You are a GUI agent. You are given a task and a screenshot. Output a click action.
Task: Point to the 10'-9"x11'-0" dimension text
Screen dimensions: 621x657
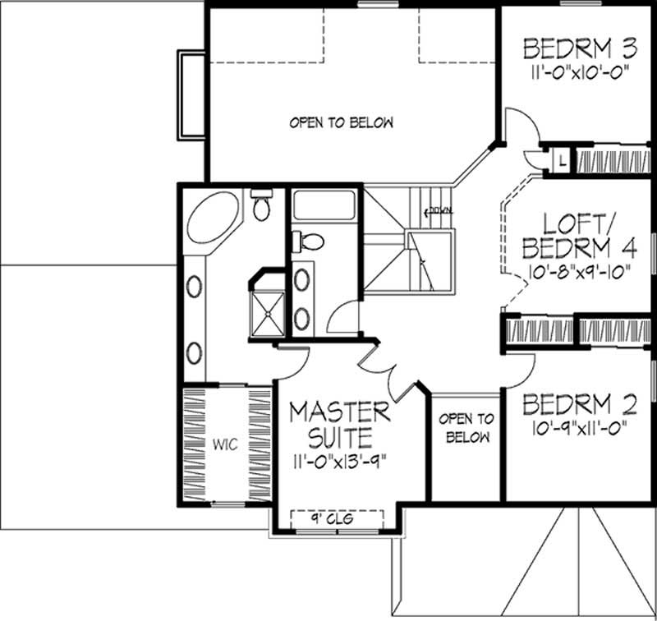pyautogui.click(x=580, y=429)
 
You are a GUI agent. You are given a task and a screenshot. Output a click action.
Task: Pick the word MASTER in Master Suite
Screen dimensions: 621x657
pyautogui.click(x=339, y=410)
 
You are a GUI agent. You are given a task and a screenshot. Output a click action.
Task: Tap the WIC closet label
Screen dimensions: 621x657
pyautogui.click(x=226, y=444)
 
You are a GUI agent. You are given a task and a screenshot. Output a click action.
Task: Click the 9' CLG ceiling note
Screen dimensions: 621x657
pyautogui.click(x=338, y=518)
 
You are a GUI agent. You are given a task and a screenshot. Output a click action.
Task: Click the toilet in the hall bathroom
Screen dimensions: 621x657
pyautogui.click(x=310, y=241)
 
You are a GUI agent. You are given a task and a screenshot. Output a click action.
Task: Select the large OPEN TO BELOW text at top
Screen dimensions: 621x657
pyautogui.click(x=341, y=123)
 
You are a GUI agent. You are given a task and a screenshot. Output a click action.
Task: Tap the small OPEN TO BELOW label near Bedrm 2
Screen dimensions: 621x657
pyautogui.click(x=468, y=429)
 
